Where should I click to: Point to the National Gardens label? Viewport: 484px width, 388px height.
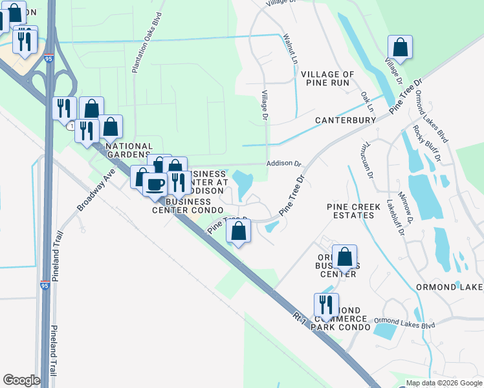[129, 150]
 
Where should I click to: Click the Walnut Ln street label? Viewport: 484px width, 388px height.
[289, 48]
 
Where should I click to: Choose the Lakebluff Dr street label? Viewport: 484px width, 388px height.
[390, 214]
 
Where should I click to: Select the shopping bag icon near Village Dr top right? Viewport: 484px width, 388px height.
[401, 47]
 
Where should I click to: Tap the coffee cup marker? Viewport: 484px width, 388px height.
[155, 185]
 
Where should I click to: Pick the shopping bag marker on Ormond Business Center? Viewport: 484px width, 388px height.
[345, 257]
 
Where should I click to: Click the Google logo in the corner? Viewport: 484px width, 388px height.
[21, 380]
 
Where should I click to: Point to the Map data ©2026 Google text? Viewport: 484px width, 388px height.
[443, 383]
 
